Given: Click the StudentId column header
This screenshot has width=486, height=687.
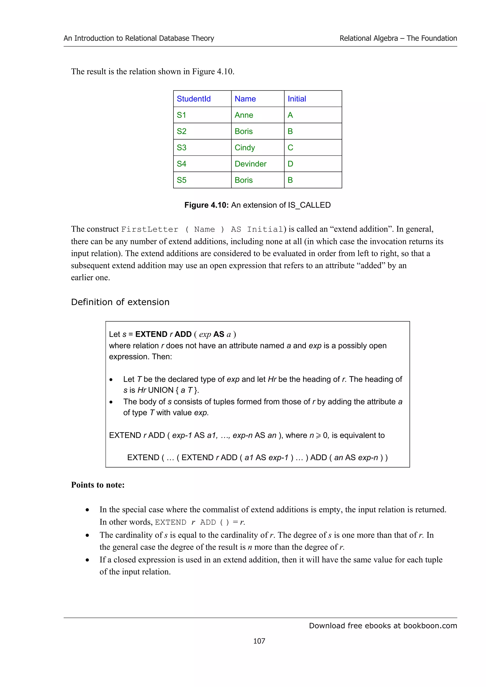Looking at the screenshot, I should [x=193, y=99].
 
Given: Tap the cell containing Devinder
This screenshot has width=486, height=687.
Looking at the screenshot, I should [x=250, y=164].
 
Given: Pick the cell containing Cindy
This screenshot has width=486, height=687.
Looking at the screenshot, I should [x=245, y=147].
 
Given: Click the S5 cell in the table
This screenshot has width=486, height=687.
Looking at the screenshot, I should [x=182, y=180].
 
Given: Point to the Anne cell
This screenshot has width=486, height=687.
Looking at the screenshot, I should [x=244, y=115].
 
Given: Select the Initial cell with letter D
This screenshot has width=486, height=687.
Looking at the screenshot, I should [x=290, y=164].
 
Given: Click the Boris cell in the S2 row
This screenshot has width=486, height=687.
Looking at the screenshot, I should [x=243, y=131].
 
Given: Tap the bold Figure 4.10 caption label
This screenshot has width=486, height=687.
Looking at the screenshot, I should [x=207, y=205].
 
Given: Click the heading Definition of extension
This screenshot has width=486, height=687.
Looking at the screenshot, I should [x=120, y=302].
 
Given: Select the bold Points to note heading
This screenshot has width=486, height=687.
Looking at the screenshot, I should [x=98, y=485].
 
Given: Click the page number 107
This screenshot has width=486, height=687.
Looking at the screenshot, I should [x=259, y=641].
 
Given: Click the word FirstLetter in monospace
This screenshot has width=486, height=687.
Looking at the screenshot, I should [x=150, y=229].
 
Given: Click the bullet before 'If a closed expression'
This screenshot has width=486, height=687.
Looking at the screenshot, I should [x=87, y=560].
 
